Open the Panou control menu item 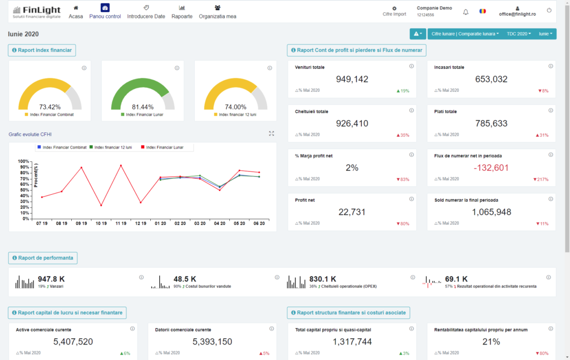pos(105,12)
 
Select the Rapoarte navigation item pos(182,12)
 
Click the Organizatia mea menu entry pos(217,12)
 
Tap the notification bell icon pos(466,12)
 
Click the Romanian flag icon pos(483,12)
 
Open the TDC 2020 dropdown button pos(519,34)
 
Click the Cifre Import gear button pos(394,11)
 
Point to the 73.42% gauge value pos(50,107)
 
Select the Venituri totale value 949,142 pos(352,79)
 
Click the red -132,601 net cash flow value pos(491,167)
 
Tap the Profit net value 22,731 pos(352,211)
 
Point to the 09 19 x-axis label pos(81,223)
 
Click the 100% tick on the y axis pos(23,161)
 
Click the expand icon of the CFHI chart pos(272,134)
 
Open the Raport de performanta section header pos(43,258)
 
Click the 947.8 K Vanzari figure pos(51,279)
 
